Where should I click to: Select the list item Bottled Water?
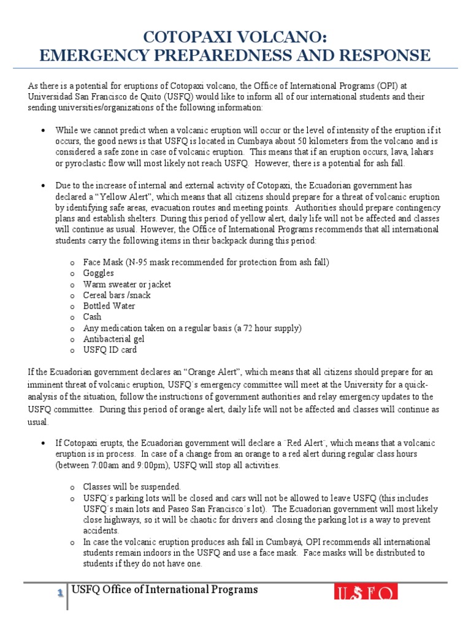tap(110, 306)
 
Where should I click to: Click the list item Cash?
tap(93, 317)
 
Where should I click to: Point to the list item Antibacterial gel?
tap(114, 339)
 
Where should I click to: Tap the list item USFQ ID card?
tap(110, 350)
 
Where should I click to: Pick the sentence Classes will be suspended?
tap(132, 486)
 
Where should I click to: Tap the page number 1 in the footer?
tap(60, 592)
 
